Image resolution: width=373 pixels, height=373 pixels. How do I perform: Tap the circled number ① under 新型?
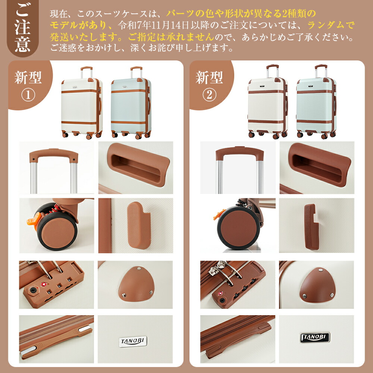28,95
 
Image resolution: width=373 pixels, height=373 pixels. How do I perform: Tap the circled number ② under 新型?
210,95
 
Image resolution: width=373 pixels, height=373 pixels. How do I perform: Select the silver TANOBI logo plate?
133,342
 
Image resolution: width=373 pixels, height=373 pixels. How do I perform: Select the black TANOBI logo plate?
315,337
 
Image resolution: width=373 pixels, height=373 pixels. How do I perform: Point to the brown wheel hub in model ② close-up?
237,228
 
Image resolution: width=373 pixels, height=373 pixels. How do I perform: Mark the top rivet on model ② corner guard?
320,270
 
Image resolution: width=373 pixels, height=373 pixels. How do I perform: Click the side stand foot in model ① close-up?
139,225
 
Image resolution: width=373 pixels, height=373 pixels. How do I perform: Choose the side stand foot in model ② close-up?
310,227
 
